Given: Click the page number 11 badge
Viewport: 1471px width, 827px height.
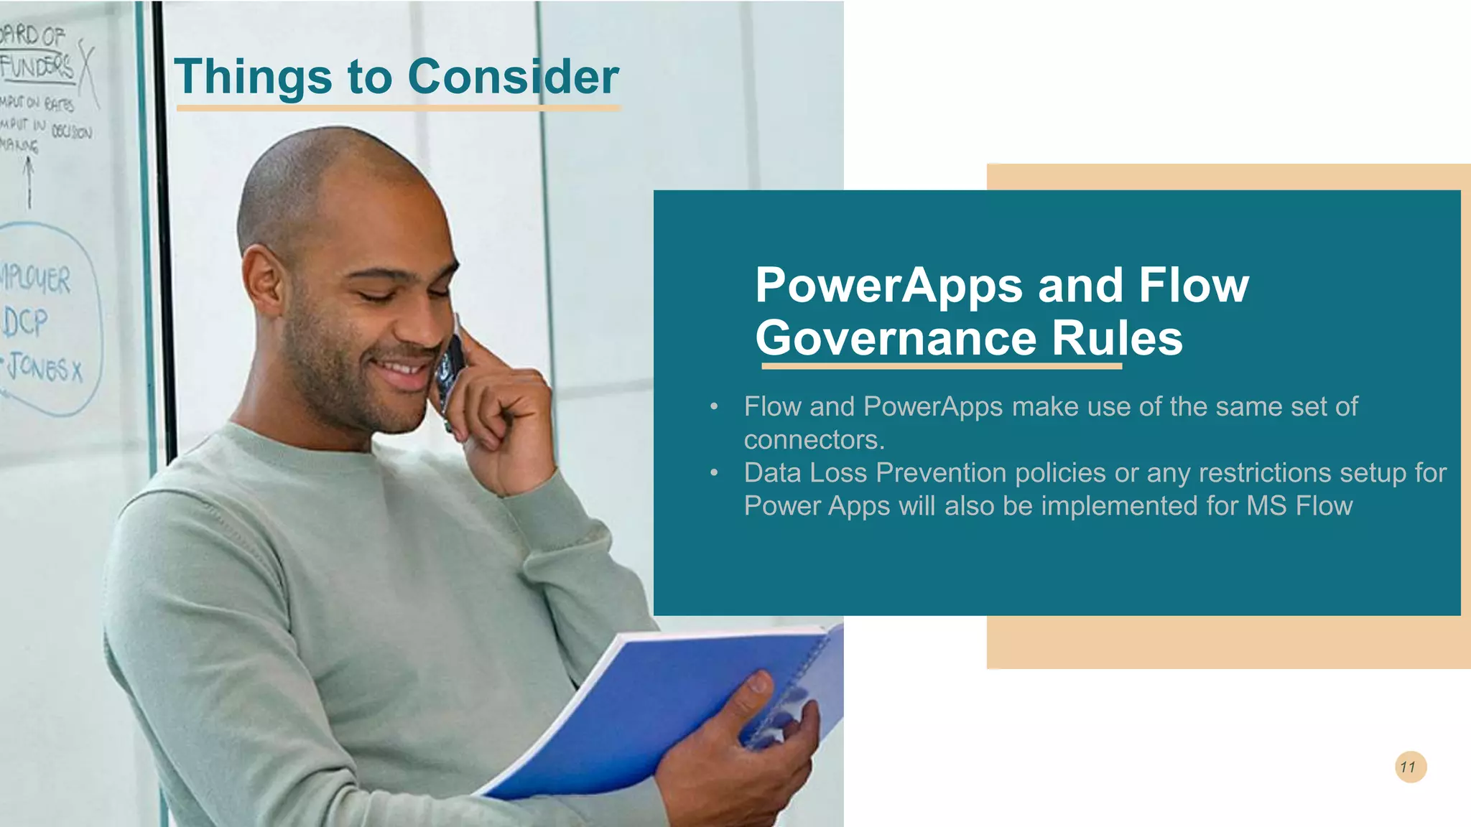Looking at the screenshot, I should click(x=1410, y=767).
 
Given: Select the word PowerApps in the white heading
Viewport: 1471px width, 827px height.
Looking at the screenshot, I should click(x=888, y=286).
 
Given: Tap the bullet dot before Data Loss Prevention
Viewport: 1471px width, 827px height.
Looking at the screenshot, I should click(x=714, y=472).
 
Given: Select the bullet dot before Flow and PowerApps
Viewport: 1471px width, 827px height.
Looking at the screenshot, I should click(x=714, y=407).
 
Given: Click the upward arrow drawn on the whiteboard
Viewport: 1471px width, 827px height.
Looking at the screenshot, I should click(x=29, y=183).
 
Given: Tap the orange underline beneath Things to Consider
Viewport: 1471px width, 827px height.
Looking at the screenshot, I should click(x=398, y=108).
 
